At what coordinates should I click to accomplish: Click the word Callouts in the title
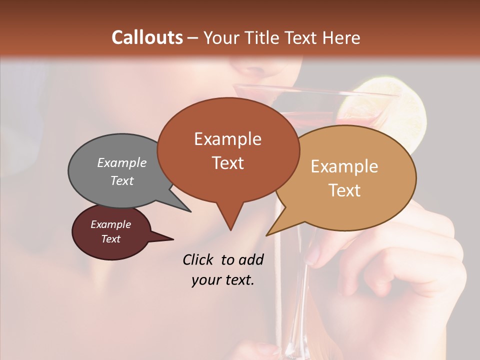[147, 37]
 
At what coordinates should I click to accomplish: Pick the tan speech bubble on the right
[350, 177]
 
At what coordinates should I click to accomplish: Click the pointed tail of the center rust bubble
[230, 220]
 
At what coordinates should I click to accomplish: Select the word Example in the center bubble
[227, 139]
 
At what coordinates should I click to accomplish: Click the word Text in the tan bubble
[344, 190]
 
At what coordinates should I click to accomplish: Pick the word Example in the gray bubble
[122, 163]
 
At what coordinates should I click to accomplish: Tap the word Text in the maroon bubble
[111, 239]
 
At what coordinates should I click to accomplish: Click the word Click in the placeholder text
[198, 259]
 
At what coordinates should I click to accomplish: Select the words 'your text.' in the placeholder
[222, 280]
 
